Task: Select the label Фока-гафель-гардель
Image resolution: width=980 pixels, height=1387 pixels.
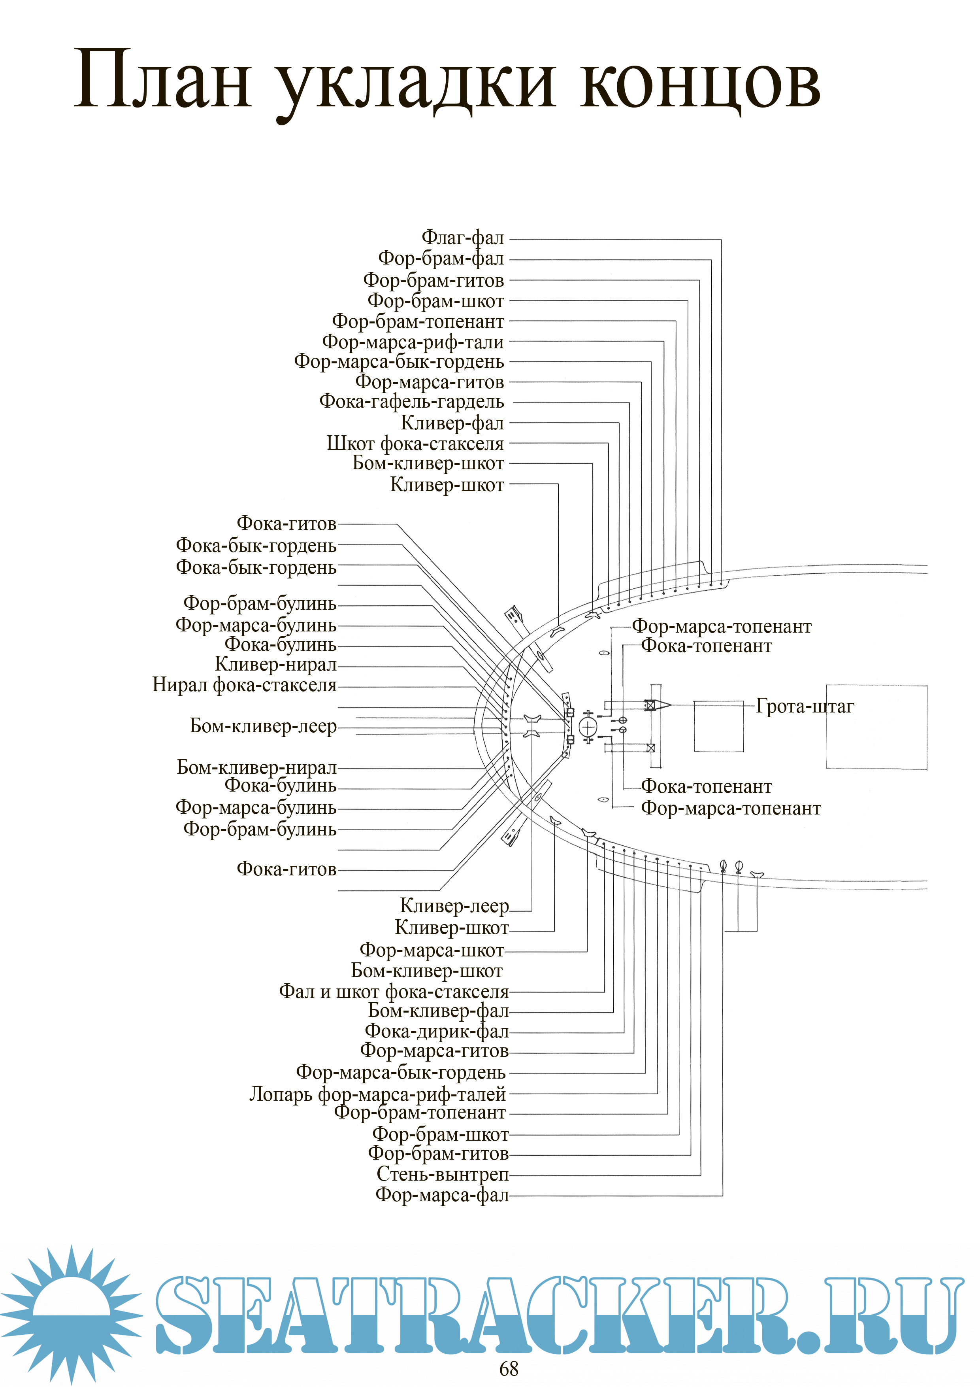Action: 411,402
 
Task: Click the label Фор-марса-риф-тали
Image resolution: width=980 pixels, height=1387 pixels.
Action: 413,342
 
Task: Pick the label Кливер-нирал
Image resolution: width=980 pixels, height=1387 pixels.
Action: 275,665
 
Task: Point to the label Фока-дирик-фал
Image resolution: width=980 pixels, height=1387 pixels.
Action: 437,1031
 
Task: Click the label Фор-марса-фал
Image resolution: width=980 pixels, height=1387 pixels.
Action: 442,1194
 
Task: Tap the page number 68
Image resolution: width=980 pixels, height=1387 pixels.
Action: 509,1369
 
